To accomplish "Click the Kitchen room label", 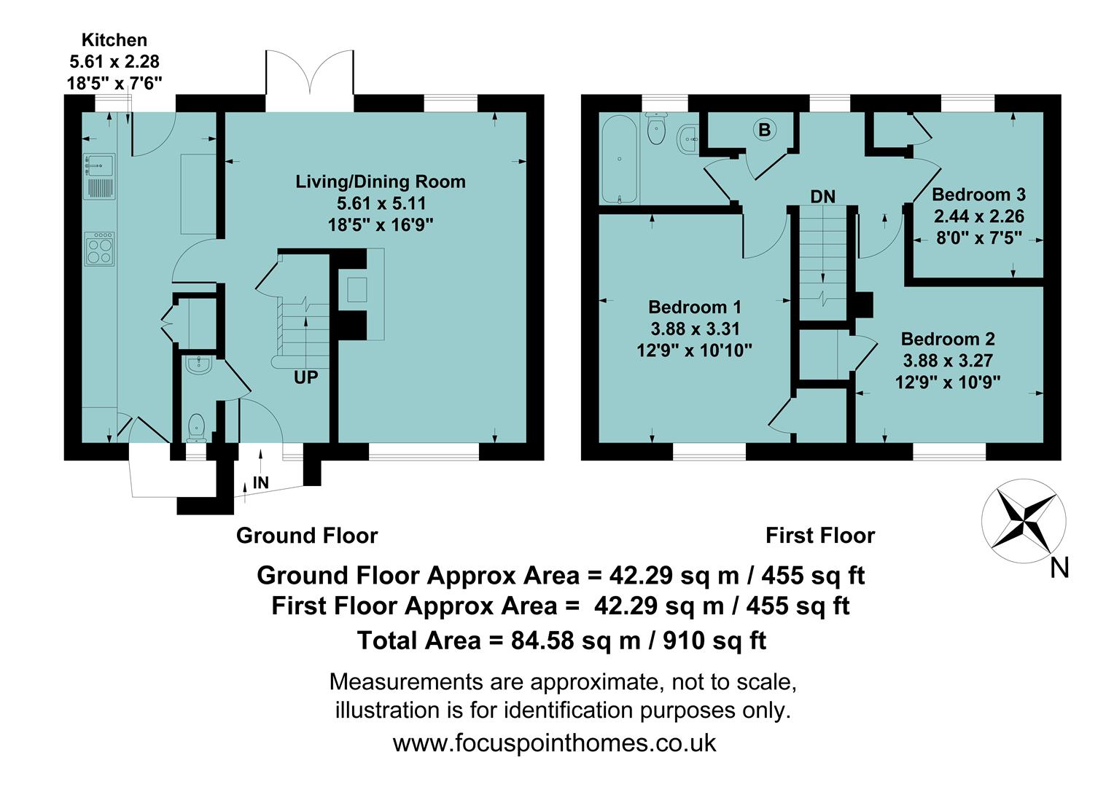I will pos(114,40).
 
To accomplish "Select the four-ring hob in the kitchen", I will pos(100,249).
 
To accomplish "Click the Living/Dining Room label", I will pos(380,181).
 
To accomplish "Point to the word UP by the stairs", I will pos(305,377).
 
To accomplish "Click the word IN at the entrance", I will pos(260,482).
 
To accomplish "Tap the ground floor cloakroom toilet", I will pos(196,427).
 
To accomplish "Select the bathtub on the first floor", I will pos(619,159).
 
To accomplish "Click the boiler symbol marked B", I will pos(764,130).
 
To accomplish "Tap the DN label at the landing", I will pos(822,197).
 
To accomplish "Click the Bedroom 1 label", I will pos(695,307).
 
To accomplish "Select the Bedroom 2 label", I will pos(947,339).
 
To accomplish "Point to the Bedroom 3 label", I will pos(978,195).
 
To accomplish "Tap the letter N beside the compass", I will pos(1059,567).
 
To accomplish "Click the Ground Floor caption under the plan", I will pos(306,536).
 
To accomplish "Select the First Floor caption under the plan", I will pos(819,536).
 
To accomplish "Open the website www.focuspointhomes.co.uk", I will pos(554,743).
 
